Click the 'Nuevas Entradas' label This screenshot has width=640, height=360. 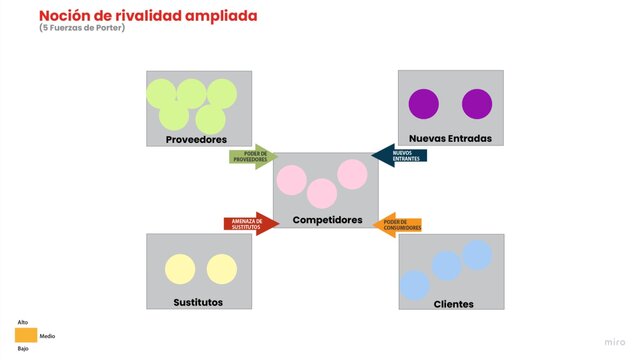click(x=450, y=138)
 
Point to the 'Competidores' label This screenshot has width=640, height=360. click(x=327, y=219)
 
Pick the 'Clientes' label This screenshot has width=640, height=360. click(x=453, y=303)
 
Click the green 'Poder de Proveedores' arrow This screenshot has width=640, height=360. click(x=252, y=157)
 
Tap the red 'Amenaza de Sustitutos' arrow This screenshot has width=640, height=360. click(x=249, y=224)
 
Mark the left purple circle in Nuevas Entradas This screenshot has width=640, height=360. click(x=424, y=104)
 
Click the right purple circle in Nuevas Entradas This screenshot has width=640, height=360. click(x=477, y=104)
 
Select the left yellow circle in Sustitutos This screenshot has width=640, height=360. click(x=180, y=270)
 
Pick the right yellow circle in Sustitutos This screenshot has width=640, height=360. click(x=221, y=270)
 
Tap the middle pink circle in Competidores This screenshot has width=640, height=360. click(x=322, y=193)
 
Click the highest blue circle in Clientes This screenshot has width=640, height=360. click(x=477, y=255)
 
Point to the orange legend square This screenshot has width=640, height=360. click(x=27, y=335)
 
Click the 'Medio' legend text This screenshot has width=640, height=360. click(x=47, y=336)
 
